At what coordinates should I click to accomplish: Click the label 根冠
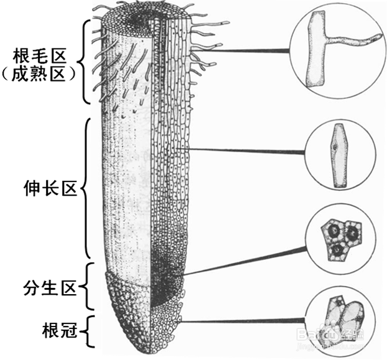[x=59, y=329]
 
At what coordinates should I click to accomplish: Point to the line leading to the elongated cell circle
[x=248, y=150]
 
